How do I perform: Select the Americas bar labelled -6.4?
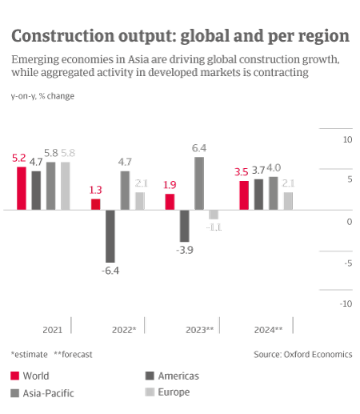(x=110, y=235)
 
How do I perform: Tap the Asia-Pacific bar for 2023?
(x=199, y=183)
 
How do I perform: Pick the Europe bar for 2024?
(x=288, y=201)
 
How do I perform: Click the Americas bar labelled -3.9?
(x=184, y=226)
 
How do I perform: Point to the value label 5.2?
(x=20, y=159)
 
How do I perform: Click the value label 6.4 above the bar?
(x=200, y=148)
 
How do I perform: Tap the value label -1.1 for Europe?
(x=214, y=227)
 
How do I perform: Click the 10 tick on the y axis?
(x=347, y=139)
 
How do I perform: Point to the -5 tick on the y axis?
(x=347, y=263)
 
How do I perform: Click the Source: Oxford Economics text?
(x=302, y=354)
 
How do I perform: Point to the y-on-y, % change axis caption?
(x=44, y=95)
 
